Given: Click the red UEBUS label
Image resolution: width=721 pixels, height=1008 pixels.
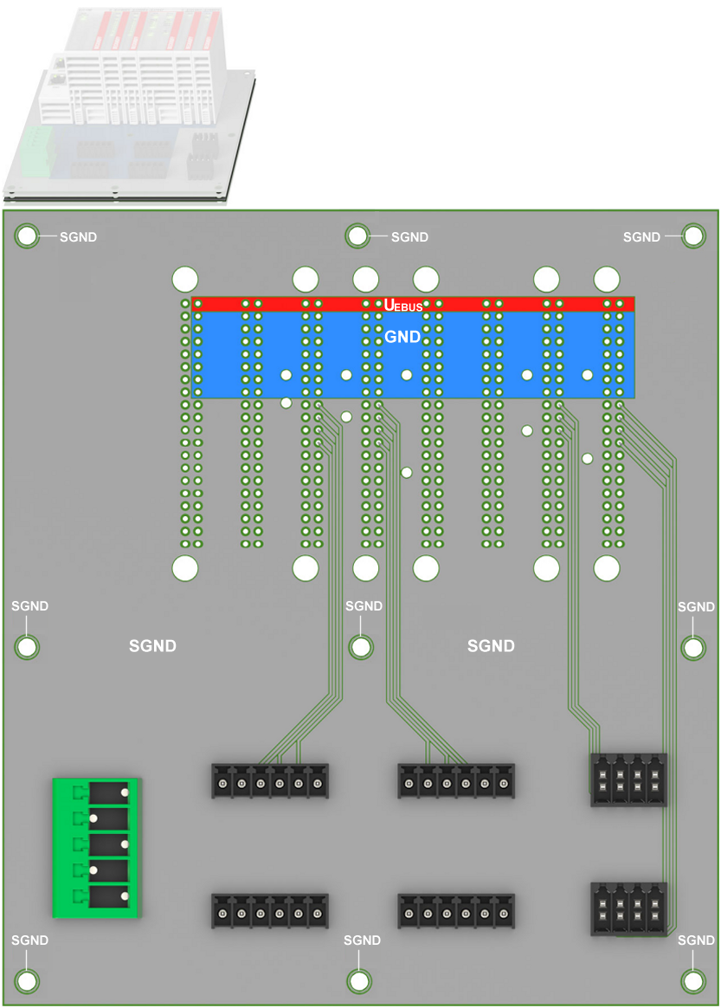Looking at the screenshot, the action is point(403,306).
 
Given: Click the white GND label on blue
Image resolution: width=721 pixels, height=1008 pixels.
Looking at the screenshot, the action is point(402,337).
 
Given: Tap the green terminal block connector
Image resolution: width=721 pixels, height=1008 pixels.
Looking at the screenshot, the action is point(96,848).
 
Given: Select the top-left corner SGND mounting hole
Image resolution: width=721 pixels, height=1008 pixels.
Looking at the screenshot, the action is point(27,236).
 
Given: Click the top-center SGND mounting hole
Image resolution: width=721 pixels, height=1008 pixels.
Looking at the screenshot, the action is point(357,236).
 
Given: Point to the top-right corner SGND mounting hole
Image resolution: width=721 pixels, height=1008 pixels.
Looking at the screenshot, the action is point(693,236).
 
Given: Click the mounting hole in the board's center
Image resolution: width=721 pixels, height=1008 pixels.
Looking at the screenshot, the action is point(360,647).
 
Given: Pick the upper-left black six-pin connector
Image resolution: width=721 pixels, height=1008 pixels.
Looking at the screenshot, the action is point(270,781).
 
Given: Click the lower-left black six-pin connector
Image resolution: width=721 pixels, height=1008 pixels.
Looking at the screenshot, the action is point(270,911).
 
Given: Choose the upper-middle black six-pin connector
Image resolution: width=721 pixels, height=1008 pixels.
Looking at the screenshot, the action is point(456,781).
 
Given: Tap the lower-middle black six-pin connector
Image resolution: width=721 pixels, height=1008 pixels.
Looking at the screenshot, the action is point(456,911).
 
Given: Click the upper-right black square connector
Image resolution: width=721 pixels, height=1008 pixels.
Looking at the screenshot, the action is point(628,779).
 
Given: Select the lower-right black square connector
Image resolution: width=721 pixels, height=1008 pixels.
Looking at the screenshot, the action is point(628,909).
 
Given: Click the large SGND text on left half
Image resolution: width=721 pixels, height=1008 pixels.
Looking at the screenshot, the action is point(152,646).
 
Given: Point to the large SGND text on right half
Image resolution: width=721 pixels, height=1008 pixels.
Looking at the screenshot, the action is point(491,646).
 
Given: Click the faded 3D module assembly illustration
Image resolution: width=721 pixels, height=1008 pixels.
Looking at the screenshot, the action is point(128,106).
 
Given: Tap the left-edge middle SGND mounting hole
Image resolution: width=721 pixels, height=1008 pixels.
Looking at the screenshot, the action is point(27,647).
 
